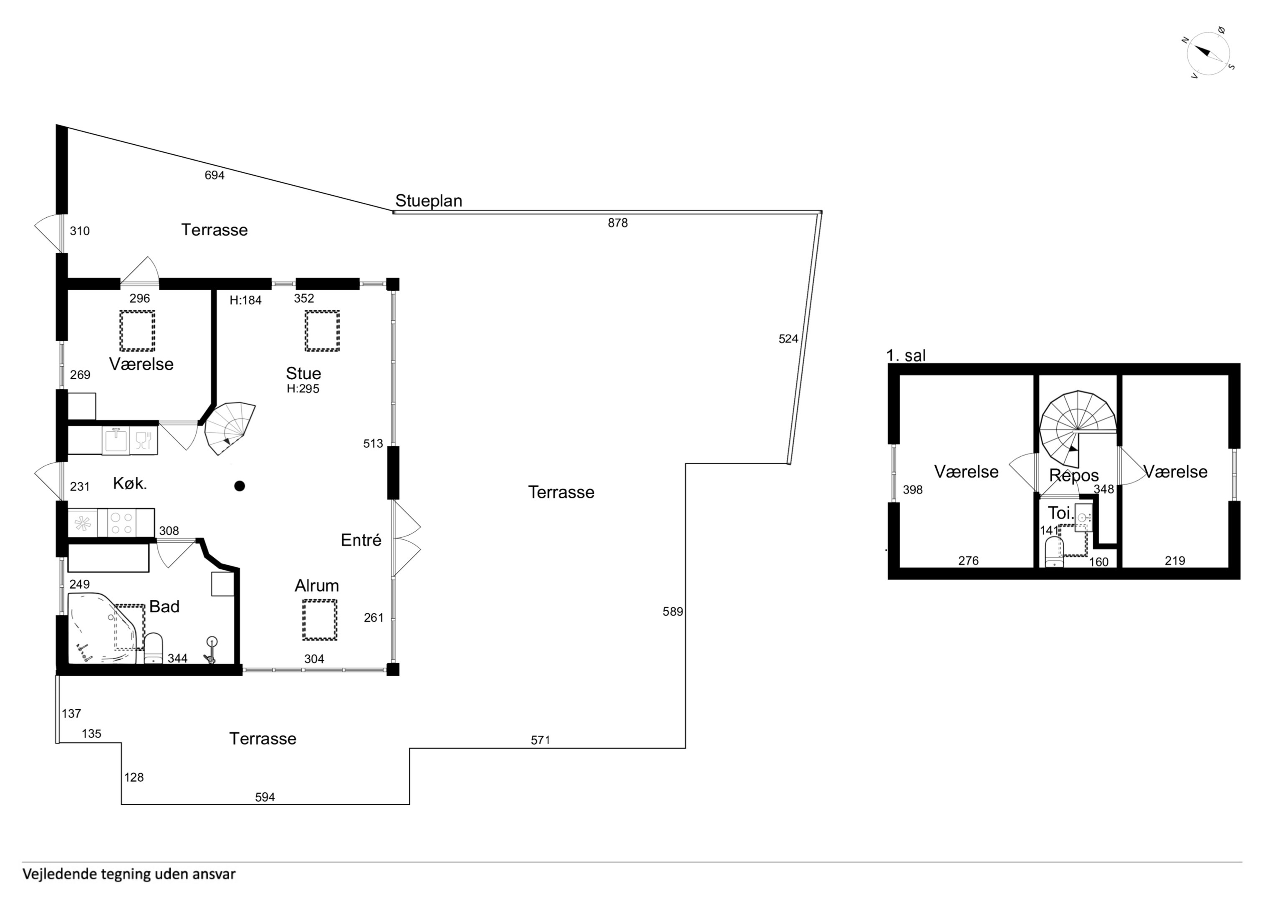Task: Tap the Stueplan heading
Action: coord(428,201)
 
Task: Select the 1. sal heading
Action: coord(906,355)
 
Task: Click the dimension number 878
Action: coord(618,223)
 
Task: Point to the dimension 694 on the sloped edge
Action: coord(215,176)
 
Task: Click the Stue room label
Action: coord(303,373)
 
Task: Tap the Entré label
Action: coord(361,540)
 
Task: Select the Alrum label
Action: coord(316,586)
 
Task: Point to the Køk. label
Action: coord(130,483)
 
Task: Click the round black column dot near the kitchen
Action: coord(239,486)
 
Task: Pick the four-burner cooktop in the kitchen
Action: coord(121,523)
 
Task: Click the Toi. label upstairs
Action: coord(1060,512)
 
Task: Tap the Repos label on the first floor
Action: coord(1074,476)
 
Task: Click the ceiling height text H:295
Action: coord(303,389)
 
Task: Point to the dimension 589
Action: coord(672,612)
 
